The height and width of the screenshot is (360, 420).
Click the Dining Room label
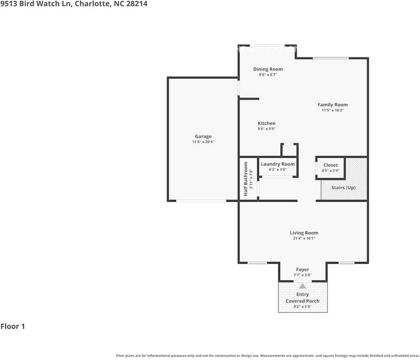click(268, 69)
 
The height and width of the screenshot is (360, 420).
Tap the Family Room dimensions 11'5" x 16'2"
click(333, 110)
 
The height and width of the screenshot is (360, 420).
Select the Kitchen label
click(266, 123)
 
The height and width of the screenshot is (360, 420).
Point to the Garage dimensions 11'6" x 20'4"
click(203, 142)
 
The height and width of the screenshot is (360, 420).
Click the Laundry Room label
click(278, 164)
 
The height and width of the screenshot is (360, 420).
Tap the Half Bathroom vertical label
click(245, 179)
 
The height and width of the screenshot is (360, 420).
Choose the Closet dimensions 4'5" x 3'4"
click(331, 170)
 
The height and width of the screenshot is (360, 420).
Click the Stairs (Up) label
click(343, 187)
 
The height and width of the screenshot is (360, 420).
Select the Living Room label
click(304, 233)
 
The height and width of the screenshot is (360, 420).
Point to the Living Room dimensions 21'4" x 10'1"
click(304, 238)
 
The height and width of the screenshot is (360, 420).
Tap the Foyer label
click(303, 270)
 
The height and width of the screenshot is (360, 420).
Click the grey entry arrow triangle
click(303, 286)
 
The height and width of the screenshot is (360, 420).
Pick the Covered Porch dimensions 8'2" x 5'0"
click(303, 306)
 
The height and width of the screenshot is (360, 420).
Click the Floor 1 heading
click(13, 326)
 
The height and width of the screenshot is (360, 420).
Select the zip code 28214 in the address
click(137, 4)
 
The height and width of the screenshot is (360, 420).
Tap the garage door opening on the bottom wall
click(201, 201)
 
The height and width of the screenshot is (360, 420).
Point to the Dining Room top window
click(267, 45)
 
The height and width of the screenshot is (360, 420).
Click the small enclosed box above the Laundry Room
click(289, 150)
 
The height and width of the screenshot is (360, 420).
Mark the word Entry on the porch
click(303, 294)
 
